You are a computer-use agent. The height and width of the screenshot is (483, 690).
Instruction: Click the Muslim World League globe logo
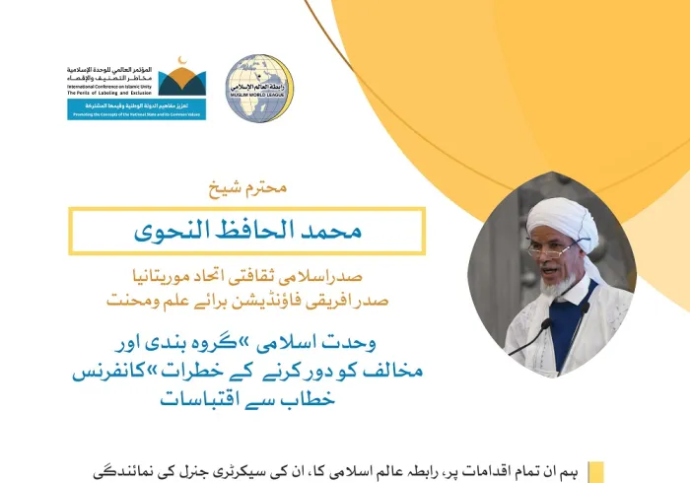259,89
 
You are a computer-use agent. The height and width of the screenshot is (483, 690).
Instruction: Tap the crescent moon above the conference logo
177,66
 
